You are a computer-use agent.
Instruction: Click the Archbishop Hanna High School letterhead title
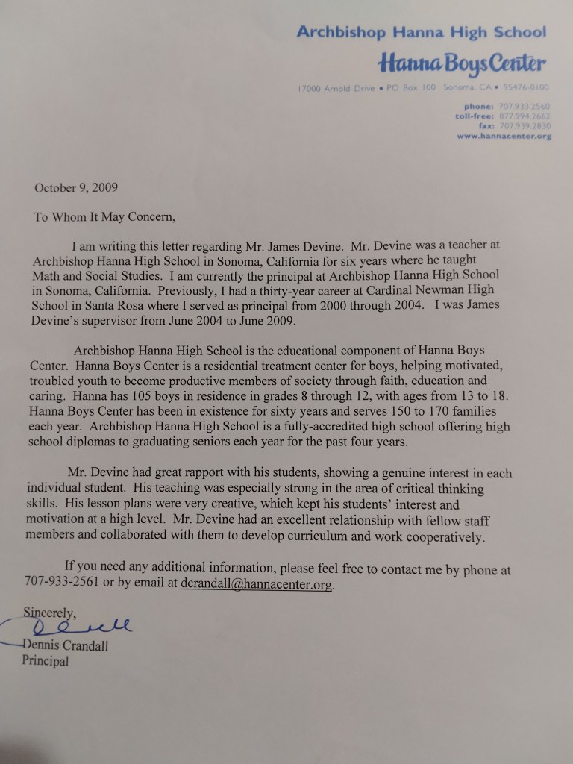click(x=422, y=32)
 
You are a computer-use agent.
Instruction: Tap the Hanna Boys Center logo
click(x=463, y=63)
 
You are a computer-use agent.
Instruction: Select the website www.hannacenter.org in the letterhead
click(x=504, y=137)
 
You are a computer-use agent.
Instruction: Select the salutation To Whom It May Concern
click(x=104, y=218)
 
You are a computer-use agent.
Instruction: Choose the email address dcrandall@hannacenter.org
click(x=256, y=584)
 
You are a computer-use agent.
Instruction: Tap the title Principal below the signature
click(x=45, y=661)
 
